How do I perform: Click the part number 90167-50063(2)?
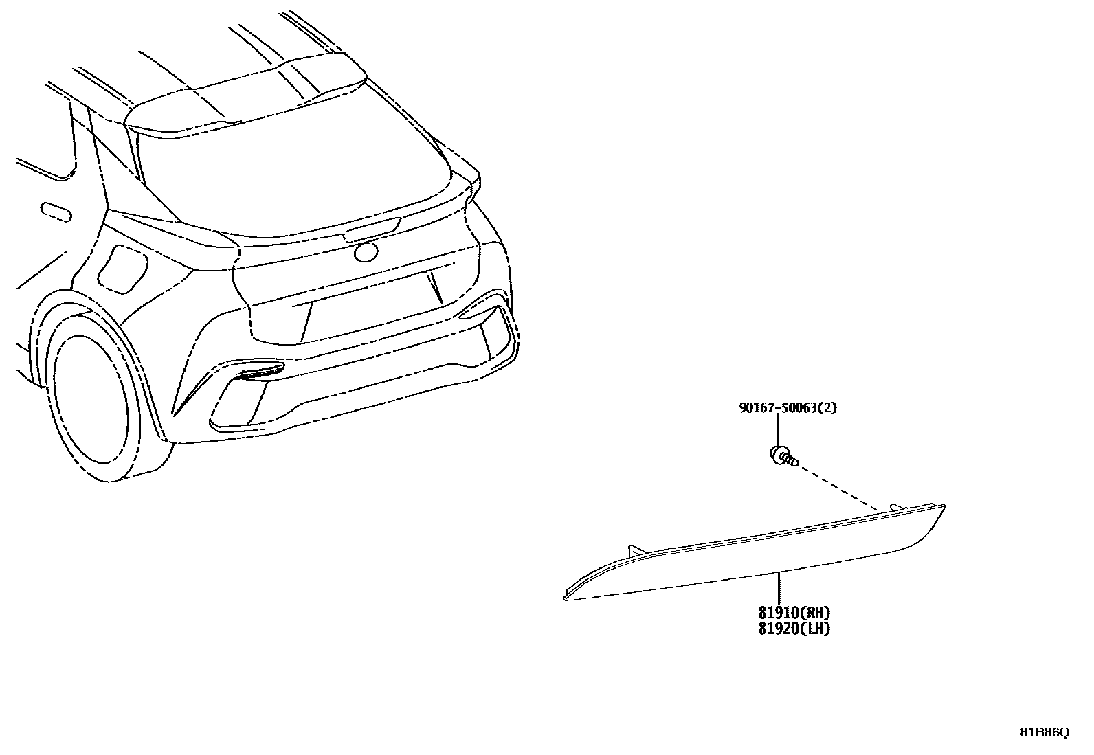(x=788, y=408)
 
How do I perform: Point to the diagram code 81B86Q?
(x=1044, y=732)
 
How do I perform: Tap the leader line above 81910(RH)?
(x=779, y=588)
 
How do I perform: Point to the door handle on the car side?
(x=56, y=211)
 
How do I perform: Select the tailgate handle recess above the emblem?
(x=372, y=229)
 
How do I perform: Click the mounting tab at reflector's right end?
(x=895, y=507)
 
